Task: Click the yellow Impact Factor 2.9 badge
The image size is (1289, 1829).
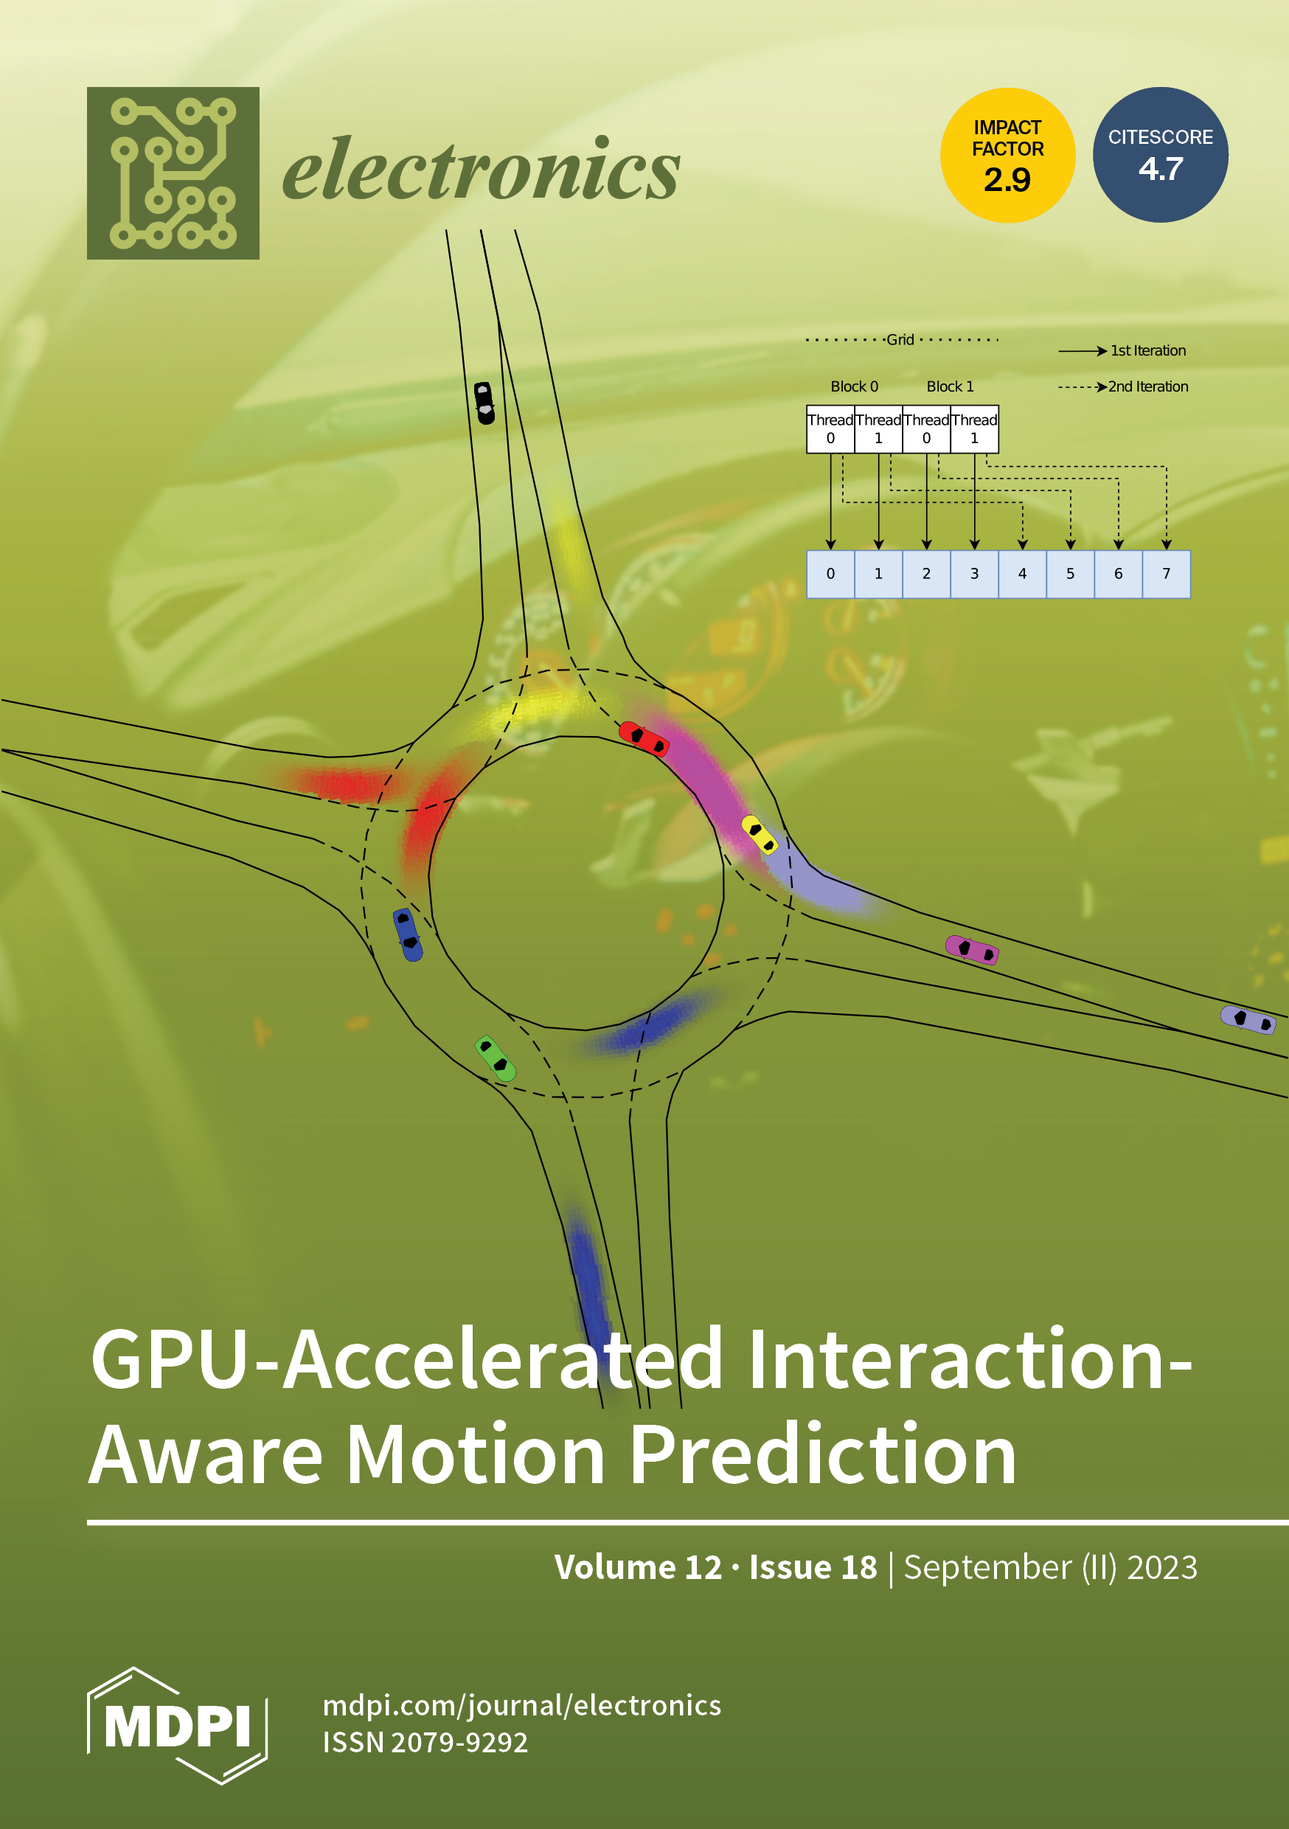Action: coord(1007,156)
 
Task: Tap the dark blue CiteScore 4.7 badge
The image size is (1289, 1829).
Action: coord(1160,156)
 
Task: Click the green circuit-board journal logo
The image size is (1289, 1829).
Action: coord(173,173)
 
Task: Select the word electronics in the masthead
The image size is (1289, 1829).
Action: coord(482,170)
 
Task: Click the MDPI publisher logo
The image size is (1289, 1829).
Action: coord(177,1725)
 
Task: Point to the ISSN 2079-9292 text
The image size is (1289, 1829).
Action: coord(425,1743)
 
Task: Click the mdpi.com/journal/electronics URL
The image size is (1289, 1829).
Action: coord(522,1706)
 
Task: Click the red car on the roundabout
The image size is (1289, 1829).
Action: coord(644,737)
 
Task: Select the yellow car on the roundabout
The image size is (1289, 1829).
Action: coord(760,835)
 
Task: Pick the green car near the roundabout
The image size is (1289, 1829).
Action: coord(495,1058)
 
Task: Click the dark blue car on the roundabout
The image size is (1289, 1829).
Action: coord(408,934)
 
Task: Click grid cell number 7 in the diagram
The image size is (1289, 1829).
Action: coord(1167,574)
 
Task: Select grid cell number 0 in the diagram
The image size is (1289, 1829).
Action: coord(830,574)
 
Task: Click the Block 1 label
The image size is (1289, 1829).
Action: coord(950,386)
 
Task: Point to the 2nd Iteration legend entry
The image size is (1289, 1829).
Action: coord(1147,386)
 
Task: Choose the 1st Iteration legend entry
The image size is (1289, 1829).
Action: coord(1147,350)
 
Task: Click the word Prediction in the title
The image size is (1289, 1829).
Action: coord(823,1455)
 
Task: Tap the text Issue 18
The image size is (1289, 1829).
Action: coord(813,1567)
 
